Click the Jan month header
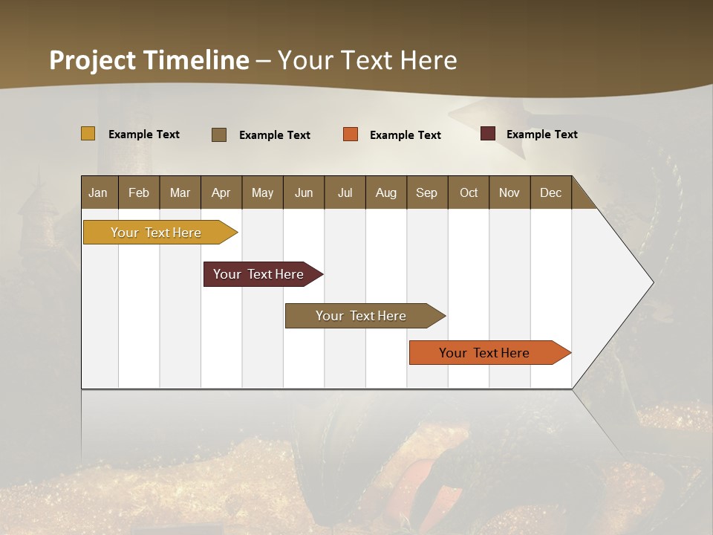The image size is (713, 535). (99, 192)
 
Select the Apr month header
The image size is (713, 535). (221, 192)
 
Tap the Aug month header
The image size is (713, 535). (386, 192)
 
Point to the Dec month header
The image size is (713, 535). (551, 192)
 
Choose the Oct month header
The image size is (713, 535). (469, 192)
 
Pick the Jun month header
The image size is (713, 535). (304, 192)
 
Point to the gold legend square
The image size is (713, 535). (88, 134)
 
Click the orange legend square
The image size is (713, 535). (351, 134)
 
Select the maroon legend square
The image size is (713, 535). (488, 134)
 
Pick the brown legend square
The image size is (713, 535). (219, 134)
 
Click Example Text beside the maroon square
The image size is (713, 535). (541, 134)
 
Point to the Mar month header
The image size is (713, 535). (180, 192)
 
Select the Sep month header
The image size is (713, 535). (427, 192)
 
